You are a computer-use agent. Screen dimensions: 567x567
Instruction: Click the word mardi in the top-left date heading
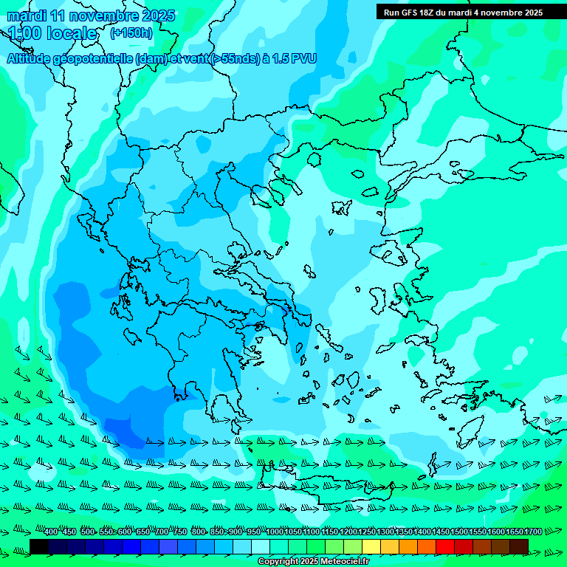tap(26, 16)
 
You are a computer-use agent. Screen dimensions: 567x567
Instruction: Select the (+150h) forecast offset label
tap(131, 32)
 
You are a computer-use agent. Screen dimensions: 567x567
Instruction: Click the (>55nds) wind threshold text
tap(229, 59)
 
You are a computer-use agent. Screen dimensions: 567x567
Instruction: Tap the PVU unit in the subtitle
tap(303, 59)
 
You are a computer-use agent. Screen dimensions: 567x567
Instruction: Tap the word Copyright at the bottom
tap(278, 562)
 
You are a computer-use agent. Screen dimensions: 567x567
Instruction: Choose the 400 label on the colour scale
tap(51, 532)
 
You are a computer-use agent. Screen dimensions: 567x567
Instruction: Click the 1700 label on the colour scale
tap(533, 532)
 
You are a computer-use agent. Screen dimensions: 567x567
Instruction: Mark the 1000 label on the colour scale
tap(275, 532)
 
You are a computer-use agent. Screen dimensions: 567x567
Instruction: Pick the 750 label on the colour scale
tap(179, 532)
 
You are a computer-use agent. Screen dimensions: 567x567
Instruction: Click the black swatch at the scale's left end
tap(39, 546)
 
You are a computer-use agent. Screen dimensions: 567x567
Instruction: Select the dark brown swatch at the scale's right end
tap(519, 546)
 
